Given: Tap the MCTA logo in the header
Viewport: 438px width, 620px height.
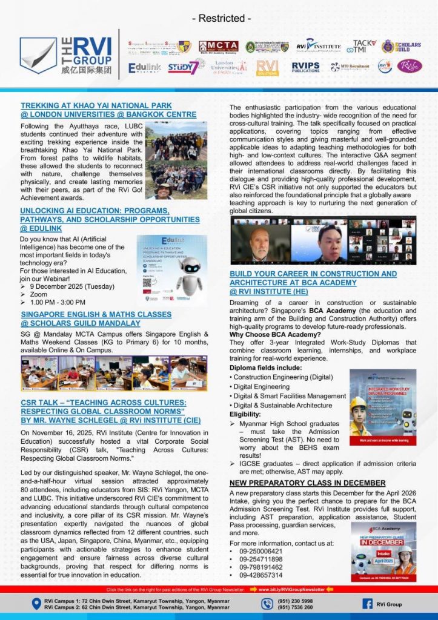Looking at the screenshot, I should (218, 47).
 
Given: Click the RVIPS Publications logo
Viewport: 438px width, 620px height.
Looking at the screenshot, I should (305, 67).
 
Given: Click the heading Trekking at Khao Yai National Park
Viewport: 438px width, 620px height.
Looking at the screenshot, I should (96, 105).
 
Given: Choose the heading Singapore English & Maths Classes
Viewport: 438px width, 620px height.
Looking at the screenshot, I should (96, 315).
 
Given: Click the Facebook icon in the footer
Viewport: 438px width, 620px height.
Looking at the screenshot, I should (367, 603).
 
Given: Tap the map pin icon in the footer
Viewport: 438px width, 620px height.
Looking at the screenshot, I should (36, 604).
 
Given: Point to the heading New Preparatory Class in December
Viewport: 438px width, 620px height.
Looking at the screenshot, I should (307, 483).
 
